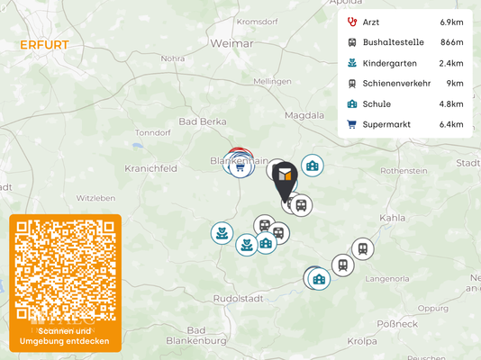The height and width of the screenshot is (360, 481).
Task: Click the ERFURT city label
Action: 43,44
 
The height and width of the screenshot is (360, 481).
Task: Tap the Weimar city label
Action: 229,42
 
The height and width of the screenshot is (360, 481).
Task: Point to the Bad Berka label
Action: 199,121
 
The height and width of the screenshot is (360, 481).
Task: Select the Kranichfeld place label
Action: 150,168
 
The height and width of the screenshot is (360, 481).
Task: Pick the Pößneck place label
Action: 395,322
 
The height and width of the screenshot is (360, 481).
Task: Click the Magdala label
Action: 304,115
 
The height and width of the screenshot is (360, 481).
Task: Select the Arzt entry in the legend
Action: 370,21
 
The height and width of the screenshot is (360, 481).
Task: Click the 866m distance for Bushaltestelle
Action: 451,41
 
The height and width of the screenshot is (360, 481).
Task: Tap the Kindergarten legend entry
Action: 388,63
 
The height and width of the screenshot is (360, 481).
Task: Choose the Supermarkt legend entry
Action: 386,124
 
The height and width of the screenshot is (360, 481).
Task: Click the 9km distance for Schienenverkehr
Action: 455,83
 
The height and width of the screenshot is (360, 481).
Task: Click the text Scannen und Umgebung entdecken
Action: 65,337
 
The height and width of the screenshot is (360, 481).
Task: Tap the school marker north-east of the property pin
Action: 313,166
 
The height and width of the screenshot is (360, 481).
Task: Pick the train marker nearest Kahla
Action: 362,248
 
